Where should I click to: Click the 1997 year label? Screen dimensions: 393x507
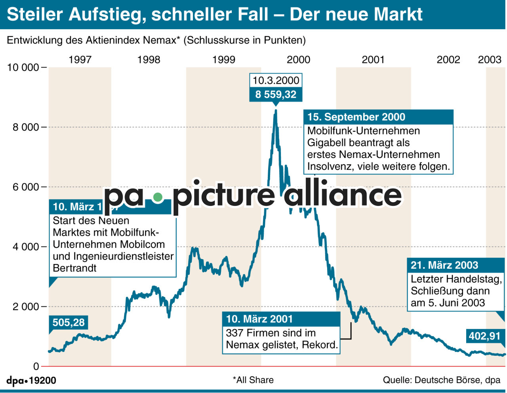(x=80, y=60)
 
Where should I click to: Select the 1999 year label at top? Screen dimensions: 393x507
(x=223, y=60)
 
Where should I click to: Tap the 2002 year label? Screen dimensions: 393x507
(x=448, y=60)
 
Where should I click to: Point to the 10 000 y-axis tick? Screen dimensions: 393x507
(x=23, y=67)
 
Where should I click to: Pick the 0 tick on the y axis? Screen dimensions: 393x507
(x=36, y=366)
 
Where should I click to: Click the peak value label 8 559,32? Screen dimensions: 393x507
(x=276, y=95)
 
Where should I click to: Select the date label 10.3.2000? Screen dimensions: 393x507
(x=276, y=80)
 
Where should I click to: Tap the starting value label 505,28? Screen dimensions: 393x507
(x=69, y=323)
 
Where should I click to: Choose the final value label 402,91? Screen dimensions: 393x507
(x=485, y=336)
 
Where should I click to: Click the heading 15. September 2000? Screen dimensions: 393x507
(x=356, y=117)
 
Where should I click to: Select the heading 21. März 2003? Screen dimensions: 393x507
(x=444, y=265)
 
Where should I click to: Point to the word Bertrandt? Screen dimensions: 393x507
(x=74, y=268)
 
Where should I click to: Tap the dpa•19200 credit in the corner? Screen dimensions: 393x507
(x=31, y=381)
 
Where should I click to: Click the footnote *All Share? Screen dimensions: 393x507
(x=253, y=380)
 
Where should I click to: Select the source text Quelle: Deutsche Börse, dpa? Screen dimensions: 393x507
(x=441, y=380)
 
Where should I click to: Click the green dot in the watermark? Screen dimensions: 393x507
(x=158, y=197)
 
